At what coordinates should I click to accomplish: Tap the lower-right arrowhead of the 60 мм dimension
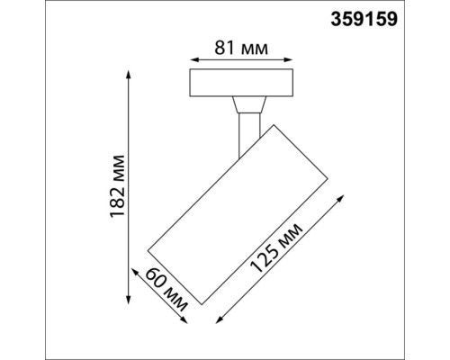[x=186, y=323]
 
